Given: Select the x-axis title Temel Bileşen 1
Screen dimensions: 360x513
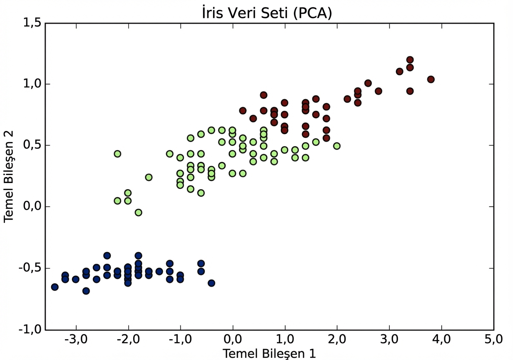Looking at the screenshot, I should [269, 353].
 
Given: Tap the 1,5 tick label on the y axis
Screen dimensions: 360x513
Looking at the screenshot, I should [32, 23].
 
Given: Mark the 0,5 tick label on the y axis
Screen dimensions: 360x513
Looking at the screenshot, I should [32, 145].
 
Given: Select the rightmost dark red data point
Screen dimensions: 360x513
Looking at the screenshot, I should [431, 79].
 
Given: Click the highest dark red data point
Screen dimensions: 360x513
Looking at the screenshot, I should [410, 60].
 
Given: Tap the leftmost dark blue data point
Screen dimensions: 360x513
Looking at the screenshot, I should [55, 287].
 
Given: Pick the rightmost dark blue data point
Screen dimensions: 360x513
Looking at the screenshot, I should [211, 283].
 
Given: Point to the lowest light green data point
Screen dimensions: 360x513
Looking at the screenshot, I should [138, 212].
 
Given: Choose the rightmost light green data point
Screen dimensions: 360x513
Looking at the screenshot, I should [336, 146].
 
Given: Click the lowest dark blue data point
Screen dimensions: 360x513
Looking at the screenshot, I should [86, 291].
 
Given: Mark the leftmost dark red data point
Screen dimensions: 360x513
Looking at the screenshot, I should [243, 110].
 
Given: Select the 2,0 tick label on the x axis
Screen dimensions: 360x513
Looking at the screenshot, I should [337, 341].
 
